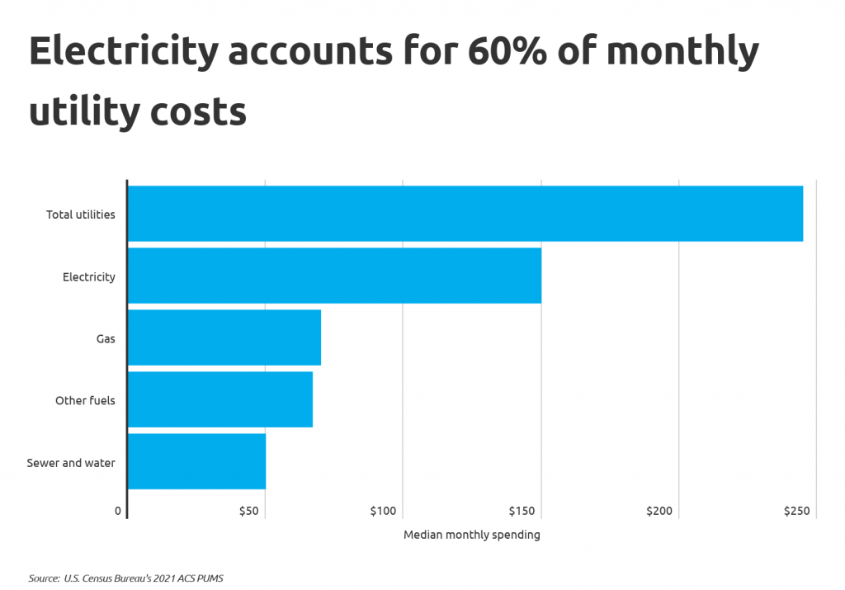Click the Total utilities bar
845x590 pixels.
465,214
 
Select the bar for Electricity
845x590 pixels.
334,276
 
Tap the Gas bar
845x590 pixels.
224,337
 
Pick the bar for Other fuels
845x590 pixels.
220,399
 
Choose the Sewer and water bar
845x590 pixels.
196,461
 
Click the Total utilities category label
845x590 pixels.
81,215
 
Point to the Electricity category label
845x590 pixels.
89,277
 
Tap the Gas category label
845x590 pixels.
106,339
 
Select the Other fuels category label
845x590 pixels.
85,401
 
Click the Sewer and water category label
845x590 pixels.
71,463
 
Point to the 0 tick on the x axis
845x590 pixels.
118,512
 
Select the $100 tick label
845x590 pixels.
384,512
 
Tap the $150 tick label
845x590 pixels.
522,512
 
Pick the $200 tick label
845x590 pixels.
659,512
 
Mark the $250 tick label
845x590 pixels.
797,512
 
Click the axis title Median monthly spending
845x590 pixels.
472,535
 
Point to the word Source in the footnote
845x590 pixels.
44,578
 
